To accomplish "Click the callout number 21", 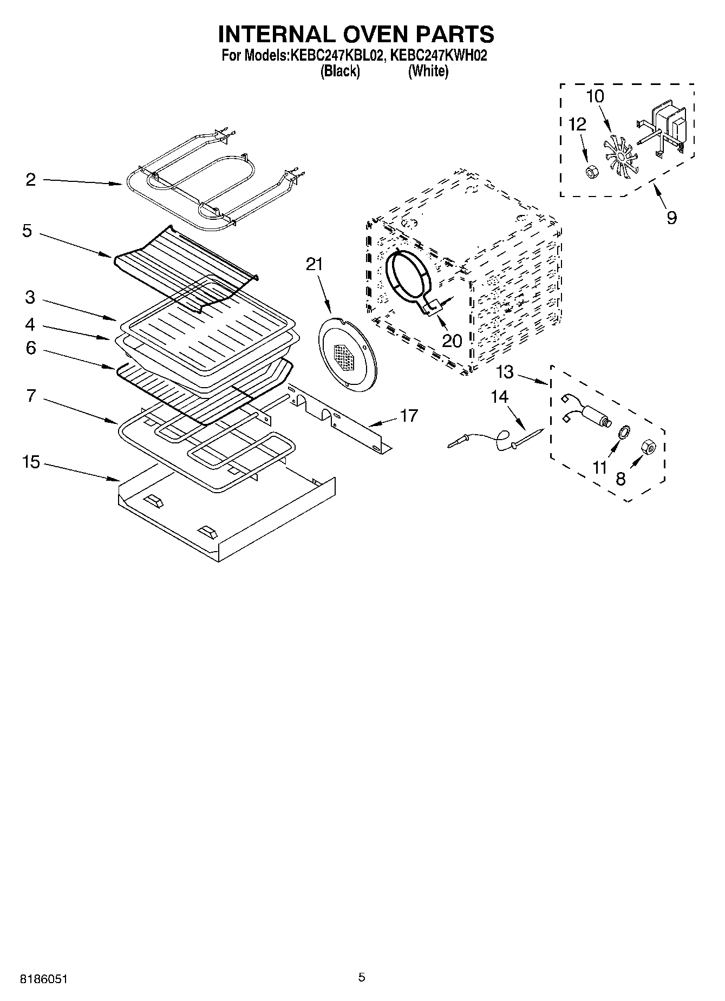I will pos(314,264).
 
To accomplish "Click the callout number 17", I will pos(409,415).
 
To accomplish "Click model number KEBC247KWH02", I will pos(439,55).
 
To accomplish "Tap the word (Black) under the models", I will pos(340,71).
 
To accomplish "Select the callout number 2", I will pos(30,179).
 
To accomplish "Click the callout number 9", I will pos(671,218).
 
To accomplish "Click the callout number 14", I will pos(499,397).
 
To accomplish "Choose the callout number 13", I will pos(505,372).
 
